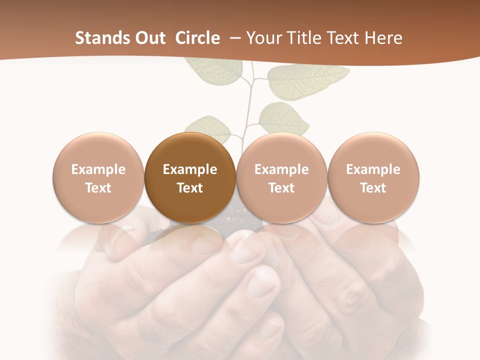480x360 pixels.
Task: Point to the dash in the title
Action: point(236,38)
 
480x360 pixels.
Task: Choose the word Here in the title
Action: point(384,38)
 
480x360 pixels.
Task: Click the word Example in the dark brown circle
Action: point(190,169)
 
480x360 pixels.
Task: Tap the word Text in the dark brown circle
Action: point(190,188)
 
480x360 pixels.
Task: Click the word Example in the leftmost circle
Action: point(98,169)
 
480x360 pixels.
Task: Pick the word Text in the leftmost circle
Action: point(98,188)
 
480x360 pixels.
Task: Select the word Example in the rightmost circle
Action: point(373,169)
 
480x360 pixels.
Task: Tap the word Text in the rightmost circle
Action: point(373,188)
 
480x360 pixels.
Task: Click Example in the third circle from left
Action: point(281,169)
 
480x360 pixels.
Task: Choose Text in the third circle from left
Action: point(281,188)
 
